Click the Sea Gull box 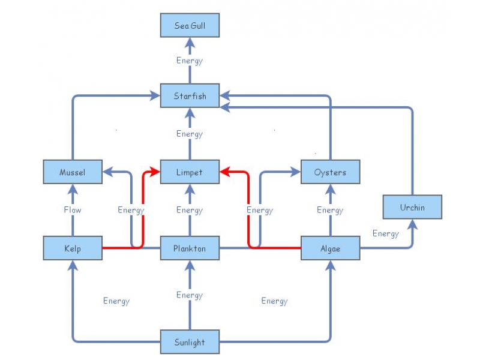(190, 26)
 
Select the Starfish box (190, 96)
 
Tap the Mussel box (73, 172)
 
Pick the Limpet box (190, 172)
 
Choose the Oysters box (330, 172)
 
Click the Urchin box (412, 208)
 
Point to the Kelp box (73, 248)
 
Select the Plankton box (190, 248)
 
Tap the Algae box (330, 248)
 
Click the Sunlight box (190, 343)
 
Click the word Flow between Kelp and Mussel (73, 210)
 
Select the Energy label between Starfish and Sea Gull (190, 61)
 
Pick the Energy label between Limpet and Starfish (190, 134)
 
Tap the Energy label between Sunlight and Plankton (190, 295)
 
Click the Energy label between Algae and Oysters (330, 210)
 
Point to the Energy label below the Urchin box (386, 233)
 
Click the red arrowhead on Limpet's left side (155, 172)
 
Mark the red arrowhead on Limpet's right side (224, 172)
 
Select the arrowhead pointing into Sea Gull (190, 42)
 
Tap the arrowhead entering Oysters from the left (296, 172)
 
